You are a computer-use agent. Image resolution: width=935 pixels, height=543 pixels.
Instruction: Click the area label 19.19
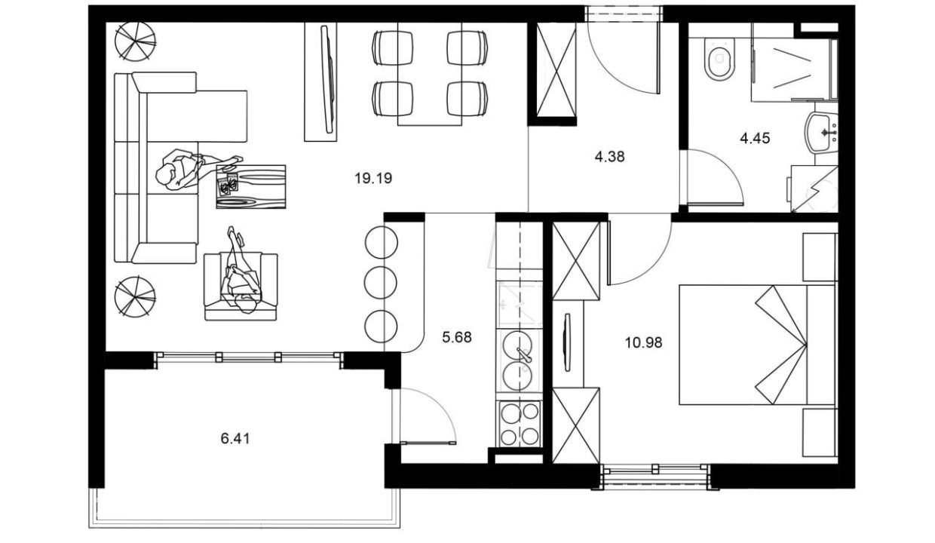click(373, 179)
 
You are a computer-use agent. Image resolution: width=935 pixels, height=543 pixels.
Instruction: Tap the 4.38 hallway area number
click(609, 157)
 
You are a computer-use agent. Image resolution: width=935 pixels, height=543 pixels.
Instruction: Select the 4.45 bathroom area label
click(755, 138)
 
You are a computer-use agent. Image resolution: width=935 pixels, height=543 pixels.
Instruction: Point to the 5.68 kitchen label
click(457, 337)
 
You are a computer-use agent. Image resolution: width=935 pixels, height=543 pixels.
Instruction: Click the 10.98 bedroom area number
click(643, 342)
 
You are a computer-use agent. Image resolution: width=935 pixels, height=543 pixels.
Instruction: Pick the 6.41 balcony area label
click(235, 439)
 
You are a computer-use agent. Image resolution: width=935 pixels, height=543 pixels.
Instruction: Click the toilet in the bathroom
click(719, 59)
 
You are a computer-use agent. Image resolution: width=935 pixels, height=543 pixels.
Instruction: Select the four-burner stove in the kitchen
click(520, 424)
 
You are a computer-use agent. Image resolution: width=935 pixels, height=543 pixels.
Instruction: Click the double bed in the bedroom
click(757, 345)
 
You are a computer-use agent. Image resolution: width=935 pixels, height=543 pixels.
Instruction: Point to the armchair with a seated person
click(241, 287)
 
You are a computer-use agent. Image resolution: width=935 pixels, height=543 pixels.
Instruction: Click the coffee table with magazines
click(251, 186)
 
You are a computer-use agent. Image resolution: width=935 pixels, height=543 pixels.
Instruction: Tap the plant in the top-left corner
click(135, 41)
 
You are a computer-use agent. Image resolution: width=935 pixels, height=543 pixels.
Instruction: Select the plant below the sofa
click(135, 296)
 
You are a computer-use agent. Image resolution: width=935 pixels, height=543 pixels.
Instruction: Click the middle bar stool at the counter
click(380, 283)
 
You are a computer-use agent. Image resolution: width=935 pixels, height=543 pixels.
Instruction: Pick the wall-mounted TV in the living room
click(329, 80)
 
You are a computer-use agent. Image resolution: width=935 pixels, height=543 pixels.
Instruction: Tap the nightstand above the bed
click(820, 257)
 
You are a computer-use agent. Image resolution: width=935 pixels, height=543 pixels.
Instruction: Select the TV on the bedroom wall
click(566, 342)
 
